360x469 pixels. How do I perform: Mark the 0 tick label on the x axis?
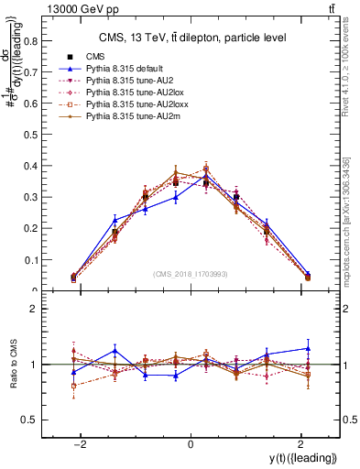191,444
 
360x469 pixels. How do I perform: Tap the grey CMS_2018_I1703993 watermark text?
191,274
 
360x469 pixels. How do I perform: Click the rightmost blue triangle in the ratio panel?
307,348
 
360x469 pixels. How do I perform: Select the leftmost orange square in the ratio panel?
74,386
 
